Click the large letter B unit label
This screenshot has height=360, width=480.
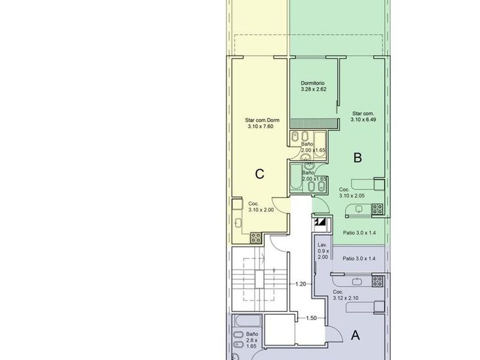point(358,158)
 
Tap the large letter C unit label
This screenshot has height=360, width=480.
point(259,174)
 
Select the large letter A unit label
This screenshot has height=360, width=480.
point(355,335)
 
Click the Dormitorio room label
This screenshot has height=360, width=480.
point(313,83)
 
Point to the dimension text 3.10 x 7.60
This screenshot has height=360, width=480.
point(261,126)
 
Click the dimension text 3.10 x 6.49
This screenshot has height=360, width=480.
point(363,119)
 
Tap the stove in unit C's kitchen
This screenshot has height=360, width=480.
point(255,238)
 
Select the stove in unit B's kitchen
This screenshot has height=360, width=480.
point(377,209)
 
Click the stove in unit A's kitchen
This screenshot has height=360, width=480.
point(378,281)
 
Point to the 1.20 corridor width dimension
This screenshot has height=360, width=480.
point(301,284)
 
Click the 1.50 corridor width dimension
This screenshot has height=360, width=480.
point(311,318)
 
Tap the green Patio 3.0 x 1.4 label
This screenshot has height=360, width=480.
point(359,233)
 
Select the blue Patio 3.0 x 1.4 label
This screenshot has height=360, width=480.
point(359,258)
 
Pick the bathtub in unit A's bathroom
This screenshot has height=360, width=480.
point(247,321)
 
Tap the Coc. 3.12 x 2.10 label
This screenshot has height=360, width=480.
point(346,295)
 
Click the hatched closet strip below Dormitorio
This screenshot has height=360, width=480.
point(314,123)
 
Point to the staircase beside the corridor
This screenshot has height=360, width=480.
point(259,279)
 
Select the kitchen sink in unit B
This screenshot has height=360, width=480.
point(359,209)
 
